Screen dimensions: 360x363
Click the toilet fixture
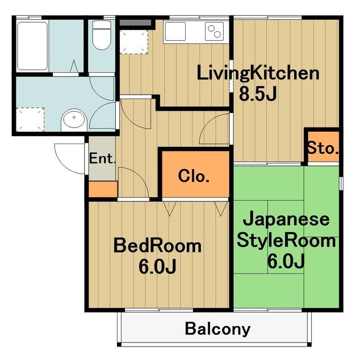pos(102,35)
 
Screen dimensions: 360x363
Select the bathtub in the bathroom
pos(32,45)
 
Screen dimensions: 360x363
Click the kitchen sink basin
pos(175,31)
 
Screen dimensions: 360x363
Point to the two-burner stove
pos(214,31)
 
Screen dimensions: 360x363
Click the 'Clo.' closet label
pos(194,176)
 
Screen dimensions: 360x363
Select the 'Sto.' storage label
pos(323,148)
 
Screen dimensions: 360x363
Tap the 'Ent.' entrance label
pos(102,159)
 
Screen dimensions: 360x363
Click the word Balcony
pos(217,329)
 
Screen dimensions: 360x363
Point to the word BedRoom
pos(157,246)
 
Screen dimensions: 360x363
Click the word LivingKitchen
pos(258,74)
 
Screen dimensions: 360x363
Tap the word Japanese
pos(286,220)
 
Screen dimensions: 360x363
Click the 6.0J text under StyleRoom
pos(286,261)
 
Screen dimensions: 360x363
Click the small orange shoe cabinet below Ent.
pos(103,189)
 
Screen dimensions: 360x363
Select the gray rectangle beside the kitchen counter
pos(135,23)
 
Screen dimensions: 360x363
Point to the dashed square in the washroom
pos(30,119)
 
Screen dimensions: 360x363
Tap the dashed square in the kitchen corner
pos(134,42)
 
